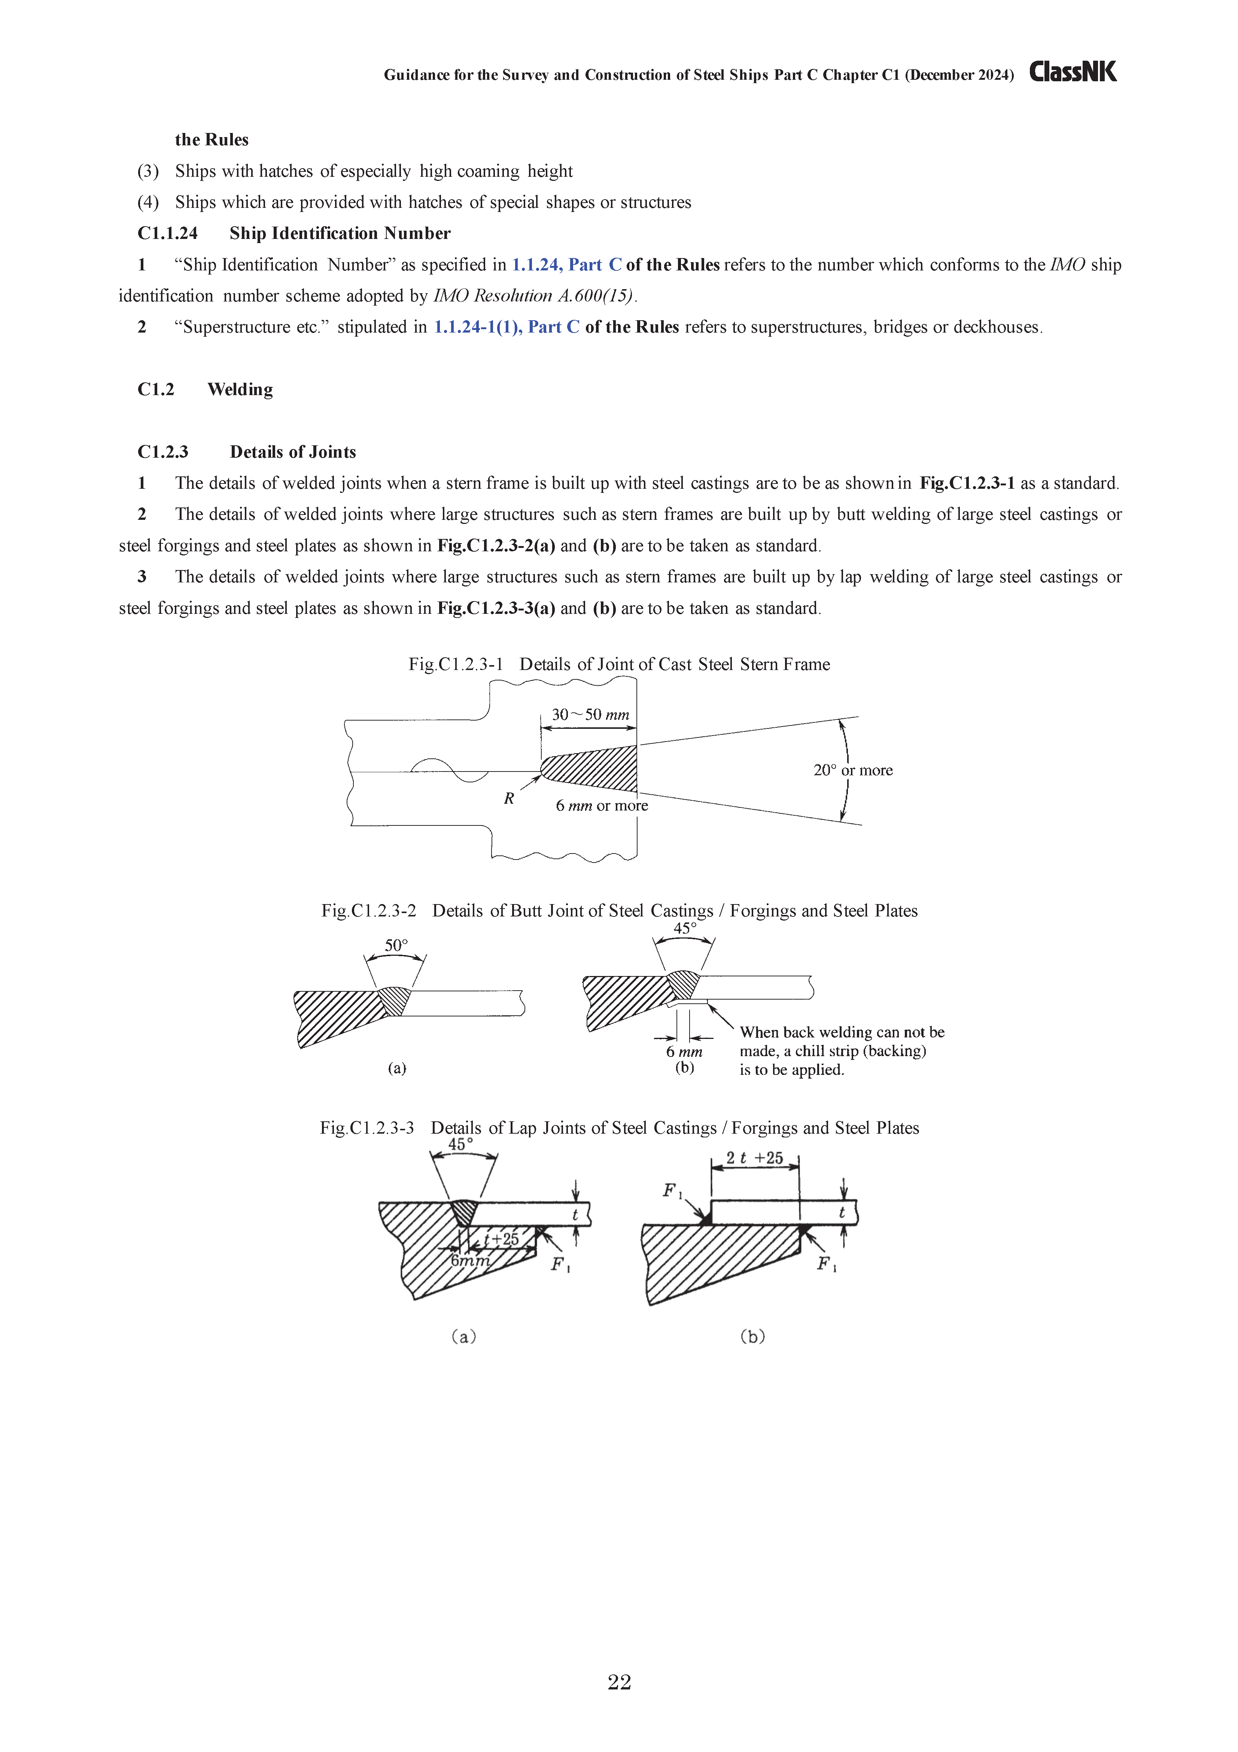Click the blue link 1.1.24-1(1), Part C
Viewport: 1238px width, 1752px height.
click(x=507, y=327)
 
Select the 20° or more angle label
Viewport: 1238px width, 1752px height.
click(x=853, y=770)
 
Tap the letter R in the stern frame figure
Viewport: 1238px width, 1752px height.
click(x=509, y=798)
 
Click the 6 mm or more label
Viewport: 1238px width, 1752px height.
click(x=601, y=806)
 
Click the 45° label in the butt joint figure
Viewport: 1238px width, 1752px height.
click(x=684, y=929)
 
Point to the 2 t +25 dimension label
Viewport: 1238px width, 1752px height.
click(x=754, y=1158)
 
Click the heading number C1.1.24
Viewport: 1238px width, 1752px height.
click(x=167, y=233)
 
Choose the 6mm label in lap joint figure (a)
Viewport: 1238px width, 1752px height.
click(x=470, y=1261)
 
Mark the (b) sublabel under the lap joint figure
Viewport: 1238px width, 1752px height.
click(x=752, y=1336)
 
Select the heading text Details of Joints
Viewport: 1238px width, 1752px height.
click(x=293, y=452)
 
